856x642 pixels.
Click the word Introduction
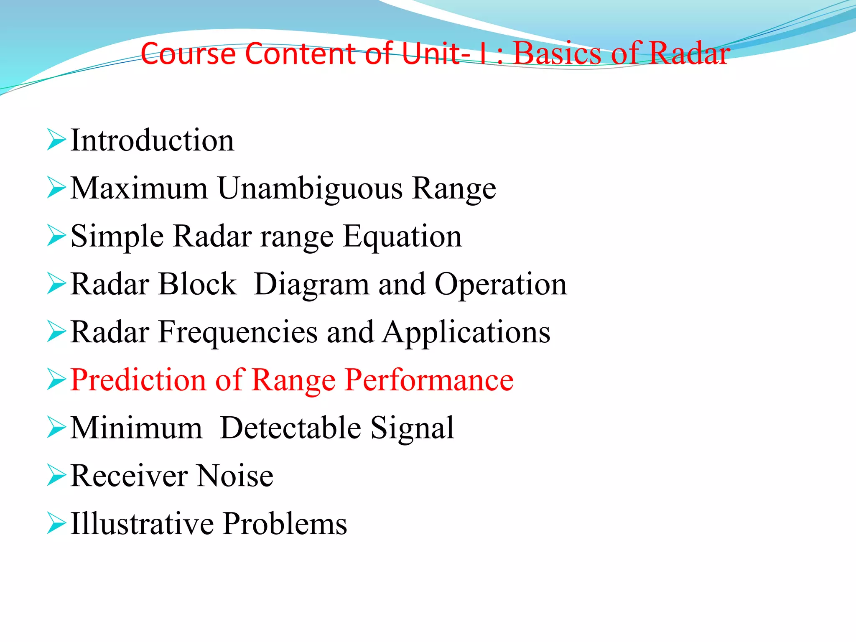tap(152, 140)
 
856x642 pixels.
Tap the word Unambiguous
tap(310, 189)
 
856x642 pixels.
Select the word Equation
tap(403, 237)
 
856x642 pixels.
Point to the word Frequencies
tap(238, 333)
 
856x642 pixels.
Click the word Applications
tap(466, 333)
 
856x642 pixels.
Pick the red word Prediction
tap(138, 380)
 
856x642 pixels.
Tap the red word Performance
tap(429, 380)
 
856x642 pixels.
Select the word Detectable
tap(290, 428)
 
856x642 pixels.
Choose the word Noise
tap(235, 476)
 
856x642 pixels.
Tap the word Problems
tap(285, 524)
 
